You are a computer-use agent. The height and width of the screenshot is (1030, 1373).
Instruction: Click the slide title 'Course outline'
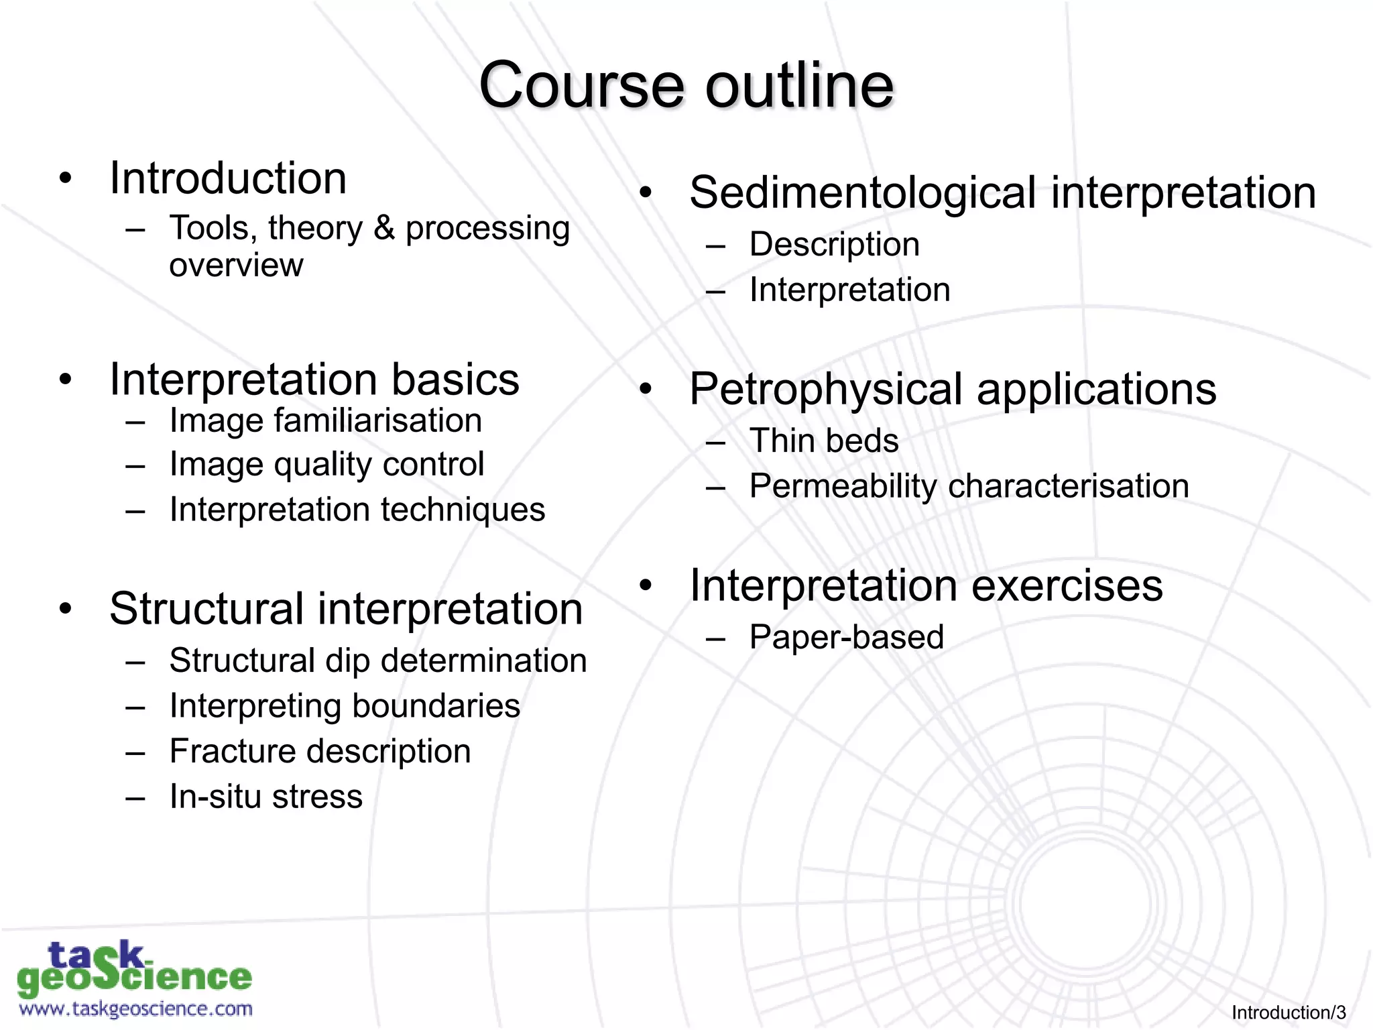[x=686, y=85]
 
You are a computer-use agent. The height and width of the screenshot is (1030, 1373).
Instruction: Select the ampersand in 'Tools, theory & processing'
[x=383, y=229]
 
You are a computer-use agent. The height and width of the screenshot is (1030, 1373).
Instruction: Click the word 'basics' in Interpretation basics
[x=455, y=380]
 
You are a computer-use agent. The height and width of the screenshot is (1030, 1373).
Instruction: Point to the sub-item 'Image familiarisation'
[x=325, y=421]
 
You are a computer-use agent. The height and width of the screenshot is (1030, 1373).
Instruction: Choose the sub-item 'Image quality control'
[x=326, y=465]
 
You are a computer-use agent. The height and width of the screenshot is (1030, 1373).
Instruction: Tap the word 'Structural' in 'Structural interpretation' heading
[x=206, y=609]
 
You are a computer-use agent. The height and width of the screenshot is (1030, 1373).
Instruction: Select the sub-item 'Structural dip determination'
[x=377, y=661]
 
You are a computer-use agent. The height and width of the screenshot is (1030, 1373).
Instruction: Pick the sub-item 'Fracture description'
[x=320, y=751]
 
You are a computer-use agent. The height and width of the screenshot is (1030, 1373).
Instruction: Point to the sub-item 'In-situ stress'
[x=265, y=797]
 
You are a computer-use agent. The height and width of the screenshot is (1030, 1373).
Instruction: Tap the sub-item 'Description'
[x=834, y=244]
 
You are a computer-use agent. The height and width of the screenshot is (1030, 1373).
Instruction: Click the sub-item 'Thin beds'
[x=824, y=441]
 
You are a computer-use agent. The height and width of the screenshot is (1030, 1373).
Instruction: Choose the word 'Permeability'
[x=843, y=486]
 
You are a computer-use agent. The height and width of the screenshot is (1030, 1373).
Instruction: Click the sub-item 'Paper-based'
[x=846, y=637]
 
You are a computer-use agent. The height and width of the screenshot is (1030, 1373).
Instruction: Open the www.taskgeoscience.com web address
[x=135, y=1009]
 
